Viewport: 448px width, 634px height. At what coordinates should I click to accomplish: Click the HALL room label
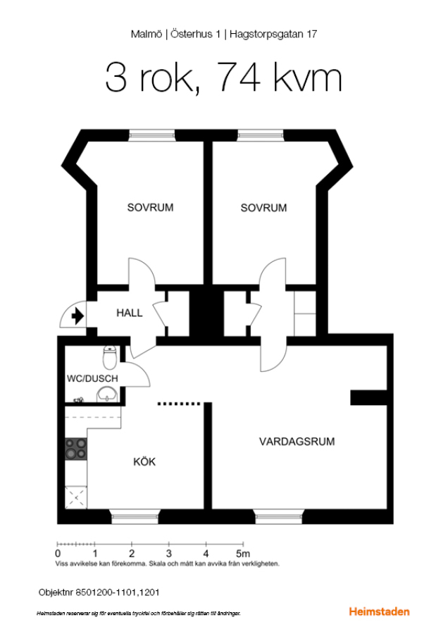(130, 313)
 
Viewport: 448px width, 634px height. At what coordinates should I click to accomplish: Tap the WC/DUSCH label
(92, 378)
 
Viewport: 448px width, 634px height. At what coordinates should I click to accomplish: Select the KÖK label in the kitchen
(144, 461)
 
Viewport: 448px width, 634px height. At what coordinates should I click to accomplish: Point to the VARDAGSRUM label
(297, 442)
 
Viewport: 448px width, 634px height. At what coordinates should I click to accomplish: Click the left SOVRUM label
(150, 207)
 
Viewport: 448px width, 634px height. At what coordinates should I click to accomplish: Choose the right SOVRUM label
(263, 208)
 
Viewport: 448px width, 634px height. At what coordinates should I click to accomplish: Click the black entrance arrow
(77, 316)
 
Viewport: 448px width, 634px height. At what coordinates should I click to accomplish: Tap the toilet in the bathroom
(110, 357)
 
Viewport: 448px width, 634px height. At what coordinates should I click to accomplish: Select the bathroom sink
(107, 394)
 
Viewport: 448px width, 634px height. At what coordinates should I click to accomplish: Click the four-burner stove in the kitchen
(76, 449)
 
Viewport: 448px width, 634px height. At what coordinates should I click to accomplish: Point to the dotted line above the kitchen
(179, 404)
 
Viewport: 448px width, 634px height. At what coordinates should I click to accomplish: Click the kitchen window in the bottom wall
(135, 516)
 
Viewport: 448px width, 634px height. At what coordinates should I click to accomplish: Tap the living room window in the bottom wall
(278, 516)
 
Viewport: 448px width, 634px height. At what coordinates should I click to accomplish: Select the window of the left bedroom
(151, 135)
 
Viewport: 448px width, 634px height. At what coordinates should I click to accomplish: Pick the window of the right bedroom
(261, 135)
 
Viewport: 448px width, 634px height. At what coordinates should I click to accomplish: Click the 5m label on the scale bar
(243, 553)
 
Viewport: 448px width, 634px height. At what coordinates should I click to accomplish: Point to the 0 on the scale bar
(58, 554)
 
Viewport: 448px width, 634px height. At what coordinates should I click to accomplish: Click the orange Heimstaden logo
(379, 611)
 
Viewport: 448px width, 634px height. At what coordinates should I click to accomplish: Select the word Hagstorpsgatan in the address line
(266, 35)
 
